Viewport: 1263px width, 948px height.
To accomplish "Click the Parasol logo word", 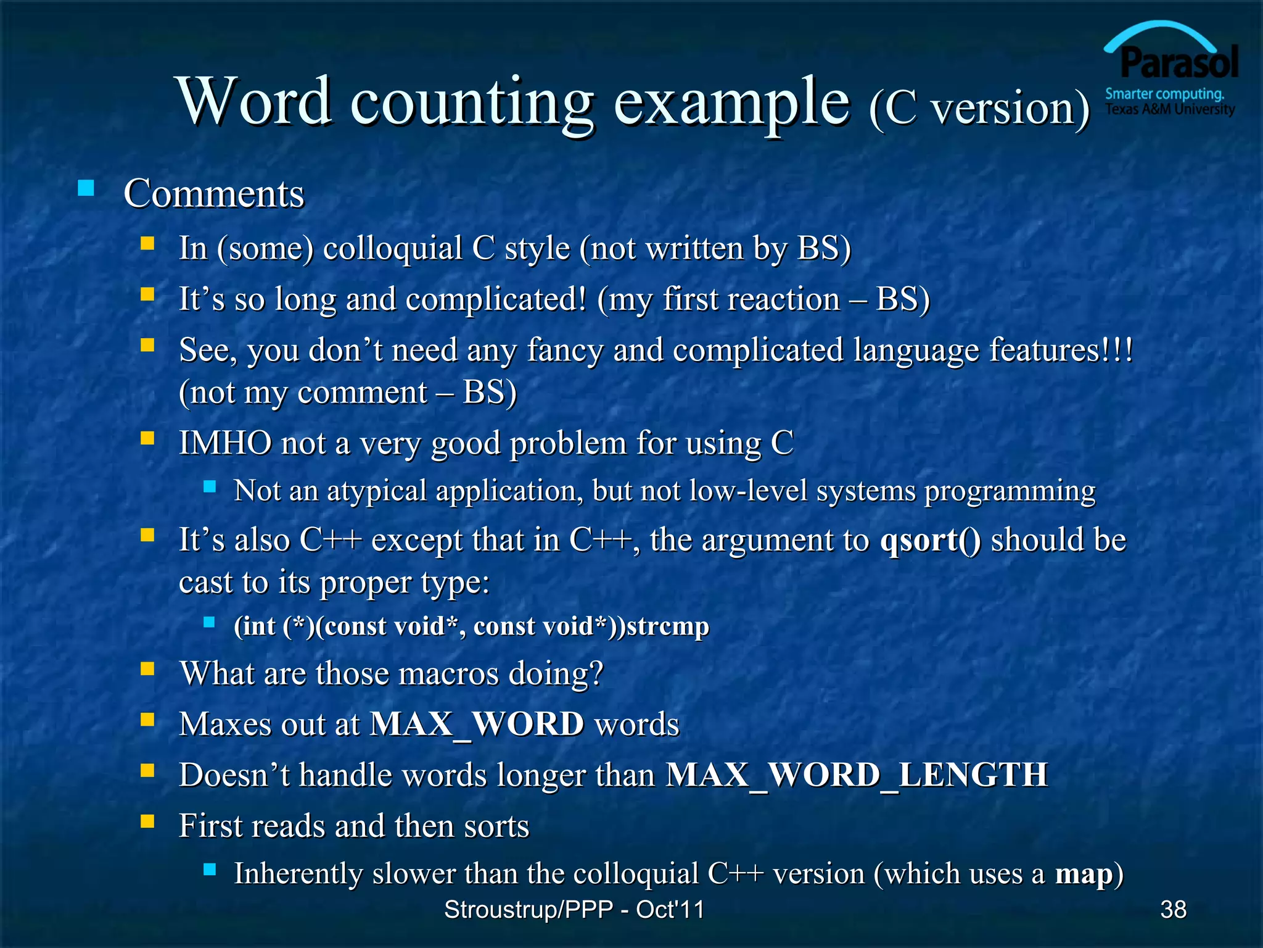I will pyautogui.click(x=1179, y=63).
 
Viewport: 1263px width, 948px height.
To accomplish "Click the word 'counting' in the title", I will pyautogui.click(x=472, y=102).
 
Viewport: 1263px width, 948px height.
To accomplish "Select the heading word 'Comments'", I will pyautogui.click(x=214, y=194).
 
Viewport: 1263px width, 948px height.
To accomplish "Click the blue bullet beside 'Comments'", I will pyautogui.click(x=86, y=188).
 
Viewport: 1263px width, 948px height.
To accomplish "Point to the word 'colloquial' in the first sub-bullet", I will pyautogui.click(x=392, y=248).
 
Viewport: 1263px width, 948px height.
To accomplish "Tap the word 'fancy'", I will pyautogui.click(x=564, y=350).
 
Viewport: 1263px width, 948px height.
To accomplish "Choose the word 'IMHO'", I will pyautogui.click(x=225, y=443).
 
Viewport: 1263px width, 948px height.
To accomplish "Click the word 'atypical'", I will pyautogui.click(x=377, y=491).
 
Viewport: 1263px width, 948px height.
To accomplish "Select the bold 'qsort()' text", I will pyautogui.click(x=930, y=540).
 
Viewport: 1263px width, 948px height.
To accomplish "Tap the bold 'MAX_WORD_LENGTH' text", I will pyautogui.click(x=857, y=775).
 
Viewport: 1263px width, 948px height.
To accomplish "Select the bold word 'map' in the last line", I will pyautogui.click(x=1083, y=874).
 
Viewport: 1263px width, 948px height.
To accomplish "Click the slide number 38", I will pyautogui.click(x=1173, y=909).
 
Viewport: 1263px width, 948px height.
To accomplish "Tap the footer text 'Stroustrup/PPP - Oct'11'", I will pyautogui.click(x=574, y=909).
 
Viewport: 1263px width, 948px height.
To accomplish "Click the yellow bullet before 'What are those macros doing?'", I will pyautogui.click(x=147, y=669).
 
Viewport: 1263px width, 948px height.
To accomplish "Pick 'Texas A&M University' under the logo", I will pyautogui.click(x=1169, y=110).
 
